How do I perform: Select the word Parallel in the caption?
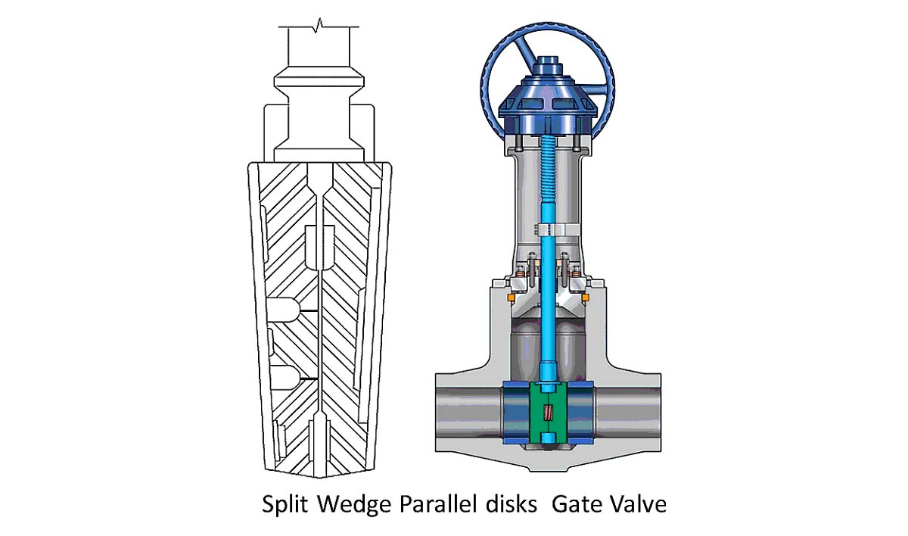click(438, 504)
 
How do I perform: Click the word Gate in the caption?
click(577, 504)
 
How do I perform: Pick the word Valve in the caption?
click(638, 504)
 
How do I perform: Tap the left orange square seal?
click(512, 298)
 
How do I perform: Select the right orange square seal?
click(585, 298)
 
